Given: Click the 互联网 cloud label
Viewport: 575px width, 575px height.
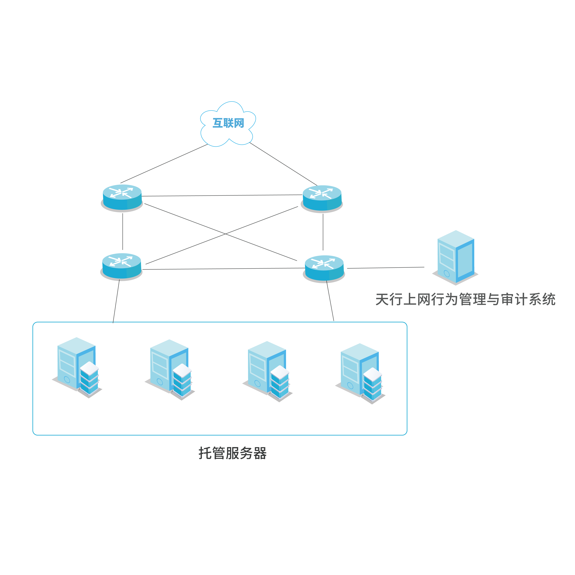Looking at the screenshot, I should coord(228,123).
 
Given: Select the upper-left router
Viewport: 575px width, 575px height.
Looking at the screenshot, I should coord(122,197).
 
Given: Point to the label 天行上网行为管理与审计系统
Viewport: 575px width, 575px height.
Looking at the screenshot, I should coord(465,299).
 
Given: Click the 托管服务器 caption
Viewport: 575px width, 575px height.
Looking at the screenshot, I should coord(232,453).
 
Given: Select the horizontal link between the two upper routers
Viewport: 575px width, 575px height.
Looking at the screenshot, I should coord(222,196).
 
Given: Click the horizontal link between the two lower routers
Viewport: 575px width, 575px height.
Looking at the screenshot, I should coord(223,269).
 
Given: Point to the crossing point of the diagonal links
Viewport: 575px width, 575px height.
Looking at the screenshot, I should coord(225,234).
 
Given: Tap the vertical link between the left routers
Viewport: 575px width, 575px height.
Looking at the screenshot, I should coord(123,232).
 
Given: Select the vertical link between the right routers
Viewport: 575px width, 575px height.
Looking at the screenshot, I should coord(323,232).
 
